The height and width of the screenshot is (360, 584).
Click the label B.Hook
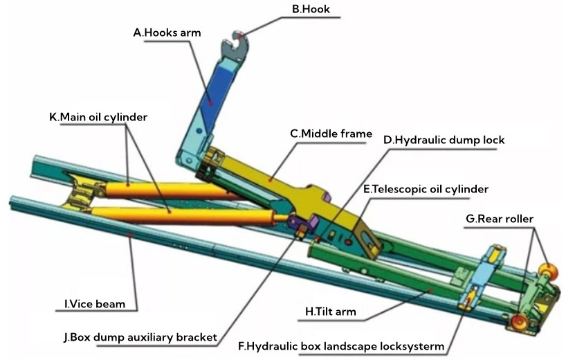tap(311, 10)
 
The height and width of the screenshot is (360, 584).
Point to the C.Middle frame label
tap(331, 134)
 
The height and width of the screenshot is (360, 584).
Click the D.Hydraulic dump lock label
tap(444, 140)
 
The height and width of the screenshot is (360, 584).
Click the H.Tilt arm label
tap(331, 312)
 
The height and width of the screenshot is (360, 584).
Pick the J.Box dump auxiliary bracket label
tap(140, 338)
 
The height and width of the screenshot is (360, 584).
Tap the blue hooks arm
tap(210, 97)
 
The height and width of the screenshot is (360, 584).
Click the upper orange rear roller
tap(549, 271)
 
